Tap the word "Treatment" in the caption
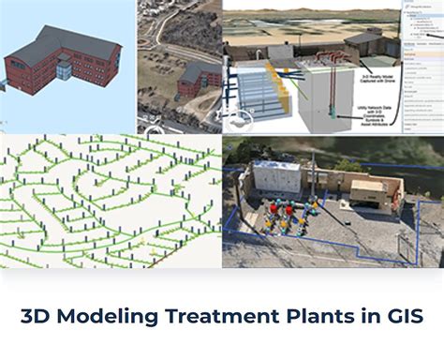pos(211,316)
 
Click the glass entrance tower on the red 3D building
pos(63,69)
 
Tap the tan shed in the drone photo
pos(365,193)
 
